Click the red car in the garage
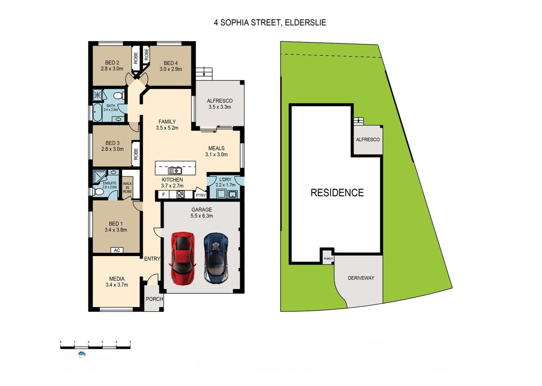(183, 258)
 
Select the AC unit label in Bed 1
(117, 250)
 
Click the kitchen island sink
(175, 171)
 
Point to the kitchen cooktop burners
(181, 195)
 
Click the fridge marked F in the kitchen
(164, 195)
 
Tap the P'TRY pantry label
(201, 195)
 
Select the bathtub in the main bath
(97, 112)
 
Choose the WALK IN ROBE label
(127, 188)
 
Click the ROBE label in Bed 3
(136, 154)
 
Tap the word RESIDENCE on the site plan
(337, 193)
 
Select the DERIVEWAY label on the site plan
(361, 278)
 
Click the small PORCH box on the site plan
(328, 258)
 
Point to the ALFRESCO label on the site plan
(368, 140)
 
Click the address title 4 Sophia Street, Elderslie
(270, 22)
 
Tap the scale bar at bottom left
(95, 347)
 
